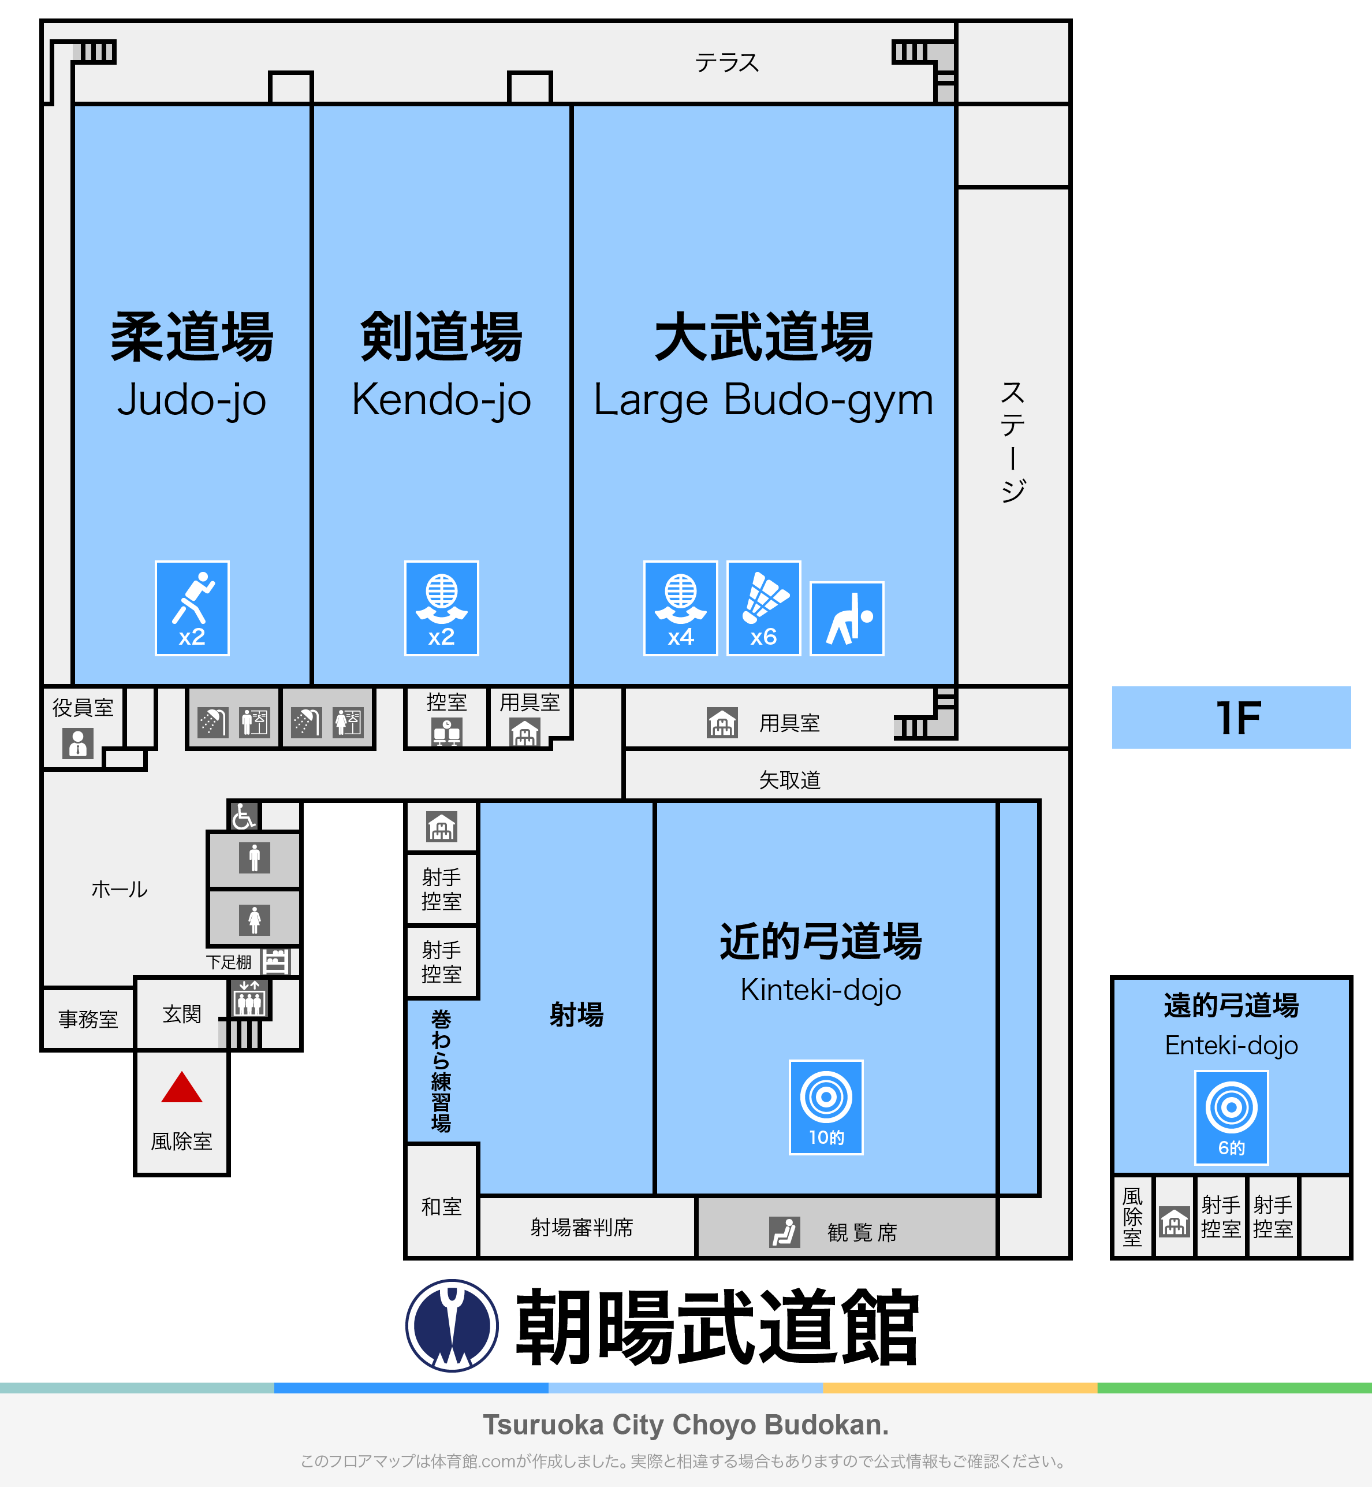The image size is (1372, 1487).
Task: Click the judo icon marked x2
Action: (192, 608)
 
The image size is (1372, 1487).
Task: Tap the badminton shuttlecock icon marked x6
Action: (763, 608)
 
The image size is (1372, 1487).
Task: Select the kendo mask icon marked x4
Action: (680, 608)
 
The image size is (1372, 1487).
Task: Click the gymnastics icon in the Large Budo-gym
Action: (847, 619)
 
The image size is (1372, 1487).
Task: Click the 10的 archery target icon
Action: (826, 1107)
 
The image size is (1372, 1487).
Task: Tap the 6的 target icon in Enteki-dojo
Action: (1231, 1118)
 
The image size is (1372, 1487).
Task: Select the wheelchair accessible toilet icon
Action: (244, 816)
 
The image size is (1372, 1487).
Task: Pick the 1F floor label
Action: (1239, 718)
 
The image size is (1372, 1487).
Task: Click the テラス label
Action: (727, 62)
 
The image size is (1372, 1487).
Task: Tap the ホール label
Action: (120, 889)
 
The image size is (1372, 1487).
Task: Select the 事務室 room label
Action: (88, 1019)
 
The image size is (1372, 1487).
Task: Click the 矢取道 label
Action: (789, 780)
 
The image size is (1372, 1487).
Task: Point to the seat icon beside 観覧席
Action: (784, 1232)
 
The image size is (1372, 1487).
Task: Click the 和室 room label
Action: (442, 1207)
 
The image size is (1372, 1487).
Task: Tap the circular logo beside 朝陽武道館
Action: (452, 1326)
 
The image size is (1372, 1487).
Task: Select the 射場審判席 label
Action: (581, 1228)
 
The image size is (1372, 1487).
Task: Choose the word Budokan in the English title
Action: (826, 1425)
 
